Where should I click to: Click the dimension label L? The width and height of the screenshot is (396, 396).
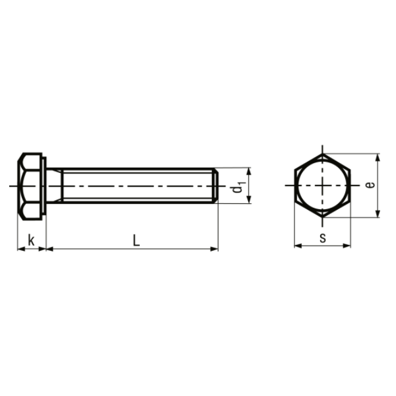(136, 240)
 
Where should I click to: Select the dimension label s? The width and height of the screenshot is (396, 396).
(322, 238)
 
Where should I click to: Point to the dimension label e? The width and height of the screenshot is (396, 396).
(371, 185)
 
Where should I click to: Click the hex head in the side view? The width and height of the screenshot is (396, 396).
(30, 186)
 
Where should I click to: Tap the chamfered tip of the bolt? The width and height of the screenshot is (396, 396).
(215, 185)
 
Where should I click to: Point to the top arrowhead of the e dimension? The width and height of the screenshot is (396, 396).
(378, 157)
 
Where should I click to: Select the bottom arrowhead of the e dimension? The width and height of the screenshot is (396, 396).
(378, 214)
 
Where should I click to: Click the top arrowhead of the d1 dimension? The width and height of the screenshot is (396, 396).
(249, 170)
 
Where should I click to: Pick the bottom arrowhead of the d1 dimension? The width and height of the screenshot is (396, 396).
(249, 201)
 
